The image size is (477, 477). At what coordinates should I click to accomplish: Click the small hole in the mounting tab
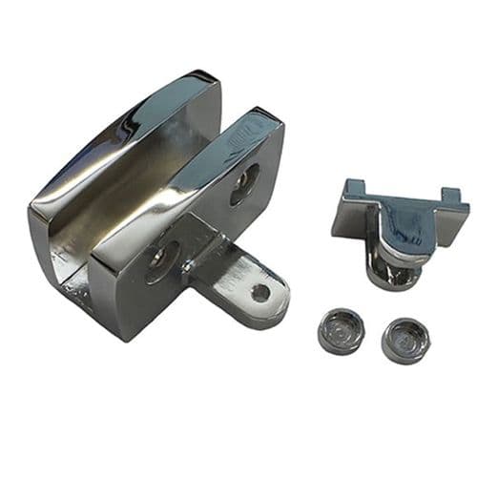coord(260,292)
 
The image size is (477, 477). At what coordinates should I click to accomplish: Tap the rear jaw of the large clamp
coord(124,143)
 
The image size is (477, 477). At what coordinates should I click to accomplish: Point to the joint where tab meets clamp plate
coord(204,253)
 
